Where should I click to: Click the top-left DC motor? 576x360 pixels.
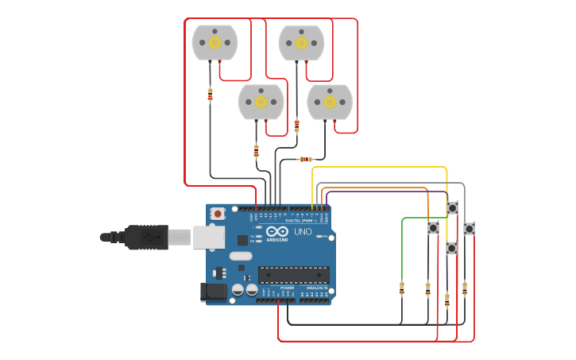[x=215, y=42]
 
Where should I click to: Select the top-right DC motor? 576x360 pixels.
[x=301, y=42]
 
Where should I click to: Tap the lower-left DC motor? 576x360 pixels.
[x=261, y=102]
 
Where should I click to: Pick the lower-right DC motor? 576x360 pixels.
[x=330, y=102]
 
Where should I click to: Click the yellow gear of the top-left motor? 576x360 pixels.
[x=215, y=42]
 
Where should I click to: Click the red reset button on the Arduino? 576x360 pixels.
[x=217, y=213]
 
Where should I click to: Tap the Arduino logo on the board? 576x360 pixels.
[x=277, y=233]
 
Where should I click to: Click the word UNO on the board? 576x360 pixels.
[x=303, y=232]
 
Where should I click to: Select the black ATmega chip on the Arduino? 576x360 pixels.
[x=293, y=275]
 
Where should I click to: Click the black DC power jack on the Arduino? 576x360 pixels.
[x=215, y=292]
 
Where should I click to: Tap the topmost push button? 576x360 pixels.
[x=452, y=208]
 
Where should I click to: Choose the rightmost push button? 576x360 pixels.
[x=470, y=229]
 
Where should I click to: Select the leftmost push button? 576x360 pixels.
[x=433, y=228]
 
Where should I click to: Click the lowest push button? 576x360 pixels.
[x=451, y=249]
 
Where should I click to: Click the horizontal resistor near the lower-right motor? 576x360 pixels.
[x=306, y=159]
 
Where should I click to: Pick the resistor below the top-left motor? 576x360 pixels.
[x=210, y=95]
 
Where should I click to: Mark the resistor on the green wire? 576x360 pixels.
[x=402, y=288]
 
